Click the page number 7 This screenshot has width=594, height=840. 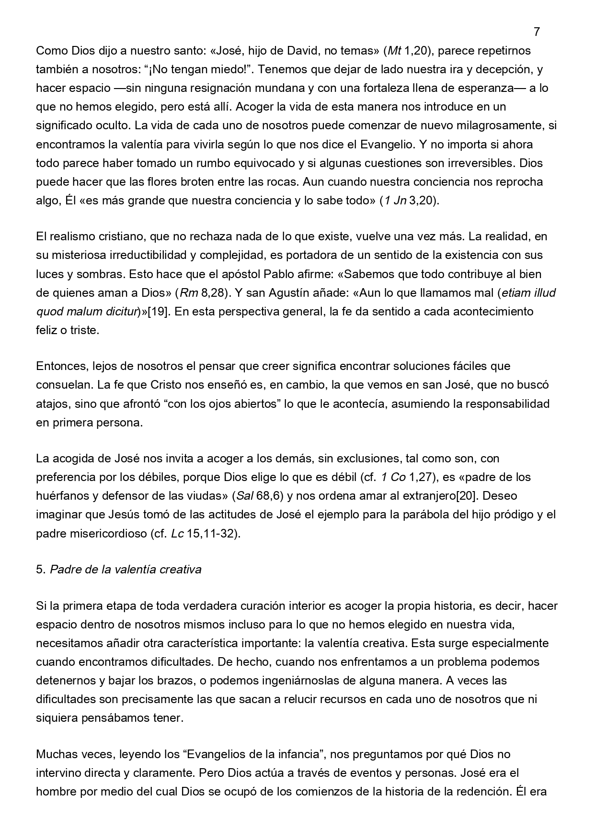pyautogui.click(x=537, y=32)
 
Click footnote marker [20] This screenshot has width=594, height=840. pyautogui.click(x=468, y=496)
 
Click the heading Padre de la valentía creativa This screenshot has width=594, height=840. pyautogui.click(x=126, y=570)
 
